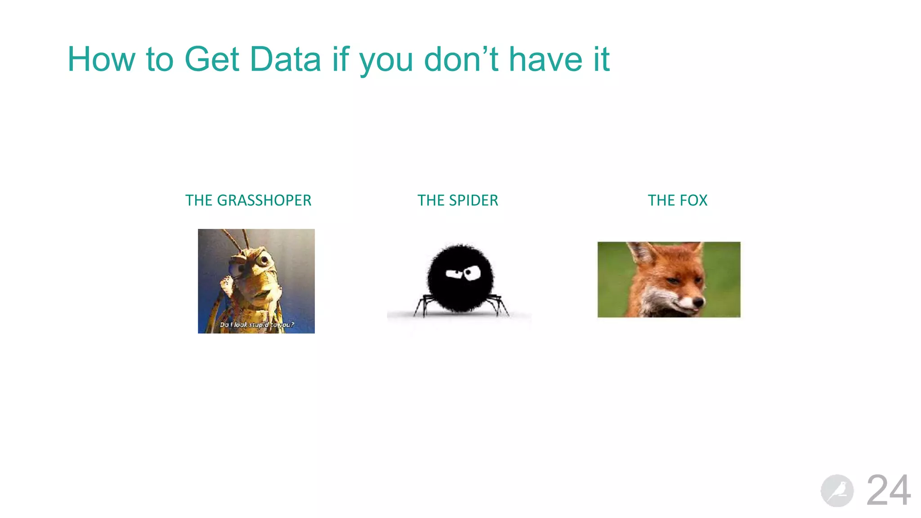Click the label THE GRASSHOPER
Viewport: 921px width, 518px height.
(248, 200)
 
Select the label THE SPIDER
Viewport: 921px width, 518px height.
(458, 200)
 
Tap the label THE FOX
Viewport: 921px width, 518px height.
(677, 200)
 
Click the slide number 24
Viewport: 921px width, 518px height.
(888, 490)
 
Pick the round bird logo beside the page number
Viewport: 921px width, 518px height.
(837, 491)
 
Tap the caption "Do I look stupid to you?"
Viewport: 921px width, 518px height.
(256, 325)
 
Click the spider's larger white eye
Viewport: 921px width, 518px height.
(472, 272)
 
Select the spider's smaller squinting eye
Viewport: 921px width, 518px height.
(453, 273)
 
